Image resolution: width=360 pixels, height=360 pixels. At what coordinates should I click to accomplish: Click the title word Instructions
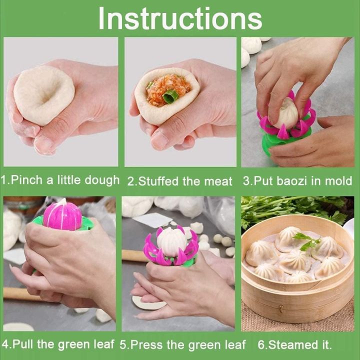coord(180,18)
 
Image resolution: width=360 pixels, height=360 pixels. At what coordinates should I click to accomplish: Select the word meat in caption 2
coord(218,181)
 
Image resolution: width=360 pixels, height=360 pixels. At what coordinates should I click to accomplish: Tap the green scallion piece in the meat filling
coord(170,97)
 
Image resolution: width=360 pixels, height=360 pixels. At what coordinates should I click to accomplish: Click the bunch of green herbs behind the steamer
coord(295,209)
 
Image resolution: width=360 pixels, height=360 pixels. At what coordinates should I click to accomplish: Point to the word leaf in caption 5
coord(234,344)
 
